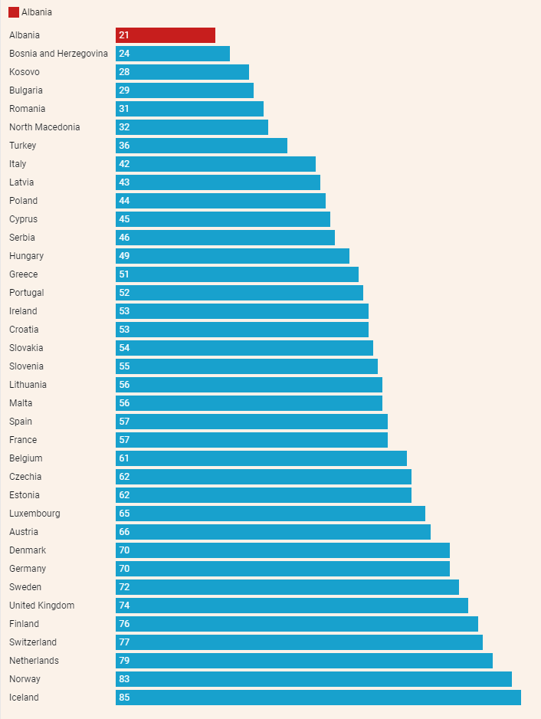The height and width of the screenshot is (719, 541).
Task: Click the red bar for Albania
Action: click(x=166, y=35)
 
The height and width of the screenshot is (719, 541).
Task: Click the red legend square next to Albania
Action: click(x=14, y=12)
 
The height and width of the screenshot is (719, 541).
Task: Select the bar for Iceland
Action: click(x=318, y=698)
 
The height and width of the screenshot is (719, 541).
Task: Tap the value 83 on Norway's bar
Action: click(x=124, y=679)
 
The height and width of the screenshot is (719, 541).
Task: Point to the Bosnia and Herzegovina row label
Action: click(x=58, y=54)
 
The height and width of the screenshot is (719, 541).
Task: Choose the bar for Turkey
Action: click(x=202, y=146)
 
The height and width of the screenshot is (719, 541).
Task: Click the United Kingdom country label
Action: click(x=41, y=606)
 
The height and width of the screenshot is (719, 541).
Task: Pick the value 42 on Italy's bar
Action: click(x=124, y=164)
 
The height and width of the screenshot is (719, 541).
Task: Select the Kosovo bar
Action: click(x=182, y=72)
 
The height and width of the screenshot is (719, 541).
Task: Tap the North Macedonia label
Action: click(x=44, y=127)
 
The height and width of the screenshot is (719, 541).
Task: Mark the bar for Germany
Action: click(x=283, y=569)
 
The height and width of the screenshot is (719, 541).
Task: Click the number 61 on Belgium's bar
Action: click(x=124, y=458)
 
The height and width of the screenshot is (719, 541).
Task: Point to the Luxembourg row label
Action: click(x=34, y=514)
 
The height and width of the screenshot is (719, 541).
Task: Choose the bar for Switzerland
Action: click(x=299, y=642)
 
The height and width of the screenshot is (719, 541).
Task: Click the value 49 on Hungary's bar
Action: click(x=124, y=256)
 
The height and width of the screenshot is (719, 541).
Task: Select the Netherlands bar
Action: click(x=304, y=661)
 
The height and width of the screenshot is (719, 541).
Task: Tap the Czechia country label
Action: click(x=25, y=477)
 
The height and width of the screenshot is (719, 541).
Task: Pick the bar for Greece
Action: click(x=237, y=274)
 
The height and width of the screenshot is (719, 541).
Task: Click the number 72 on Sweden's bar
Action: click(x=124, y=587)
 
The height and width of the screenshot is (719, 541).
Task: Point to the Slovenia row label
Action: click(x=26, y=366)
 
